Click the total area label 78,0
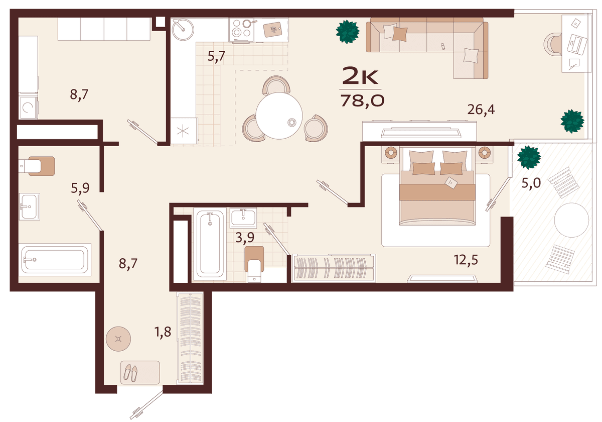click(x=363, y=101)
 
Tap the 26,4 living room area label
click(x=481, y=110)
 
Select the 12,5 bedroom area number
click(x=466, y=260)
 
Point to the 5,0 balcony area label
click(x=531, y=183)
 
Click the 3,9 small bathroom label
click(x=245, y=238)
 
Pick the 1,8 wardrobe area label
click(x=163, y=332)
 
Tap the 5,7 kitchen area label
click(x=216, y=56)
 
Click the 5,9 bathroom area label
click(x=80, y=188)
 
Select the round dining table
click(x=279, y=116)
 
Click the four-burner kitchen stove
click(x=241, y=30)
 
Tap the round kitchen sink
click(x=183, y=29)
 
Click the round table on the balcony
click(x=571, y=220)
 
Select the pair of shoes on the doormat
click(x=130, y=373)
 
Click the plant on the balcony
click(x=529, y=157)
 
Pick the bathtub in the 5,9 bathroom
click(x=55, y=260)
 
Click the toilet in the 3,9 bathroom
click(x=254, y=264)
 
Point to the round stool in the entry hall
click(x=118, y=339)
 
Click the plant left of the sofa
click(x=348, y=32)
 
